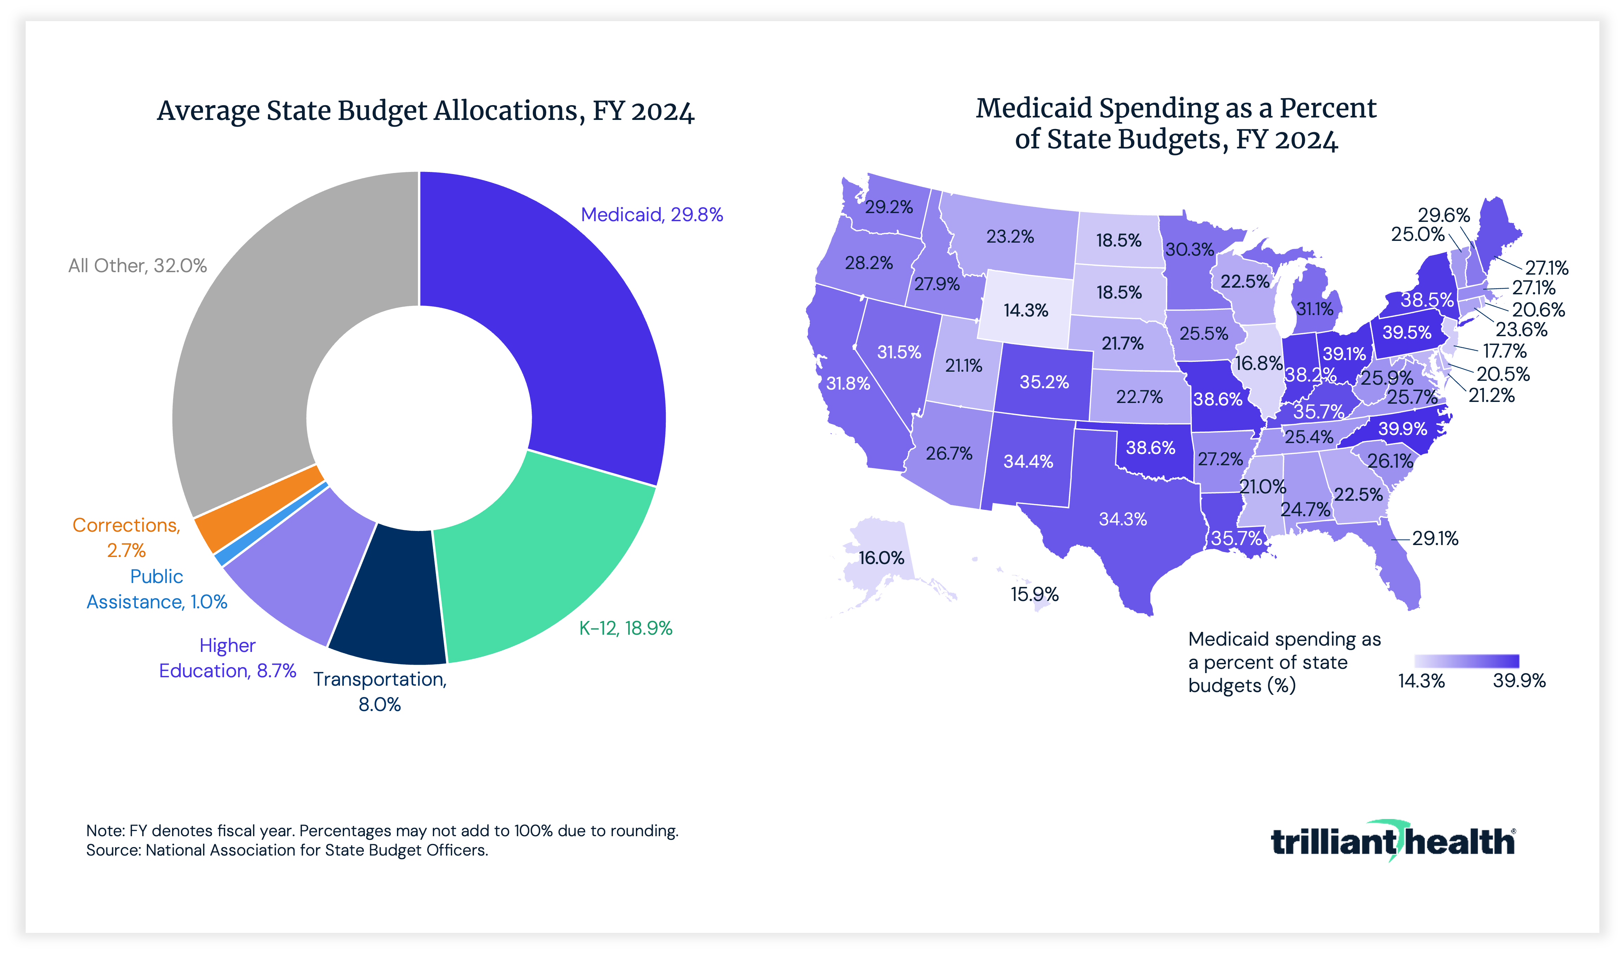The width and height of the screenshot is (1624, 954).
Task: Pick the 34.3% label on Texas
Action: pos(1123,519)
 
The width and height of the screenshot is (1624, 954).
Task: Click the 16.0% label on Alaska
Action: pos(881,558)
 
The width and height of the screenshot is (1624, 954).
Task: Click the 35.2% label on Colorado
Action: pos(1044,382)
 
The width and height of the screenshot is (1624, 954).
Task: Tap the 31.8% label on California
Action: pos(848,384)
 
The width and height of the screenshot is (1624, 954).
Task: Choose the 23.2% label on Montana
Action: pos(1010,236)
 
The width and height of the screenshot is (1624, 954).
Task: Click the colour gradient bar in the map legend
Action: pos(1467,661)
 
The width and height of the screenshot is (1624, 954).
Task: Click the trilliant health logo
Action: pos(1392,841)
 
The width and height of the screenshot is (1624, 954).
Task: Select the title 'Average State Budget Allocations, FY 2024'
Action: pos(425,111)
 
